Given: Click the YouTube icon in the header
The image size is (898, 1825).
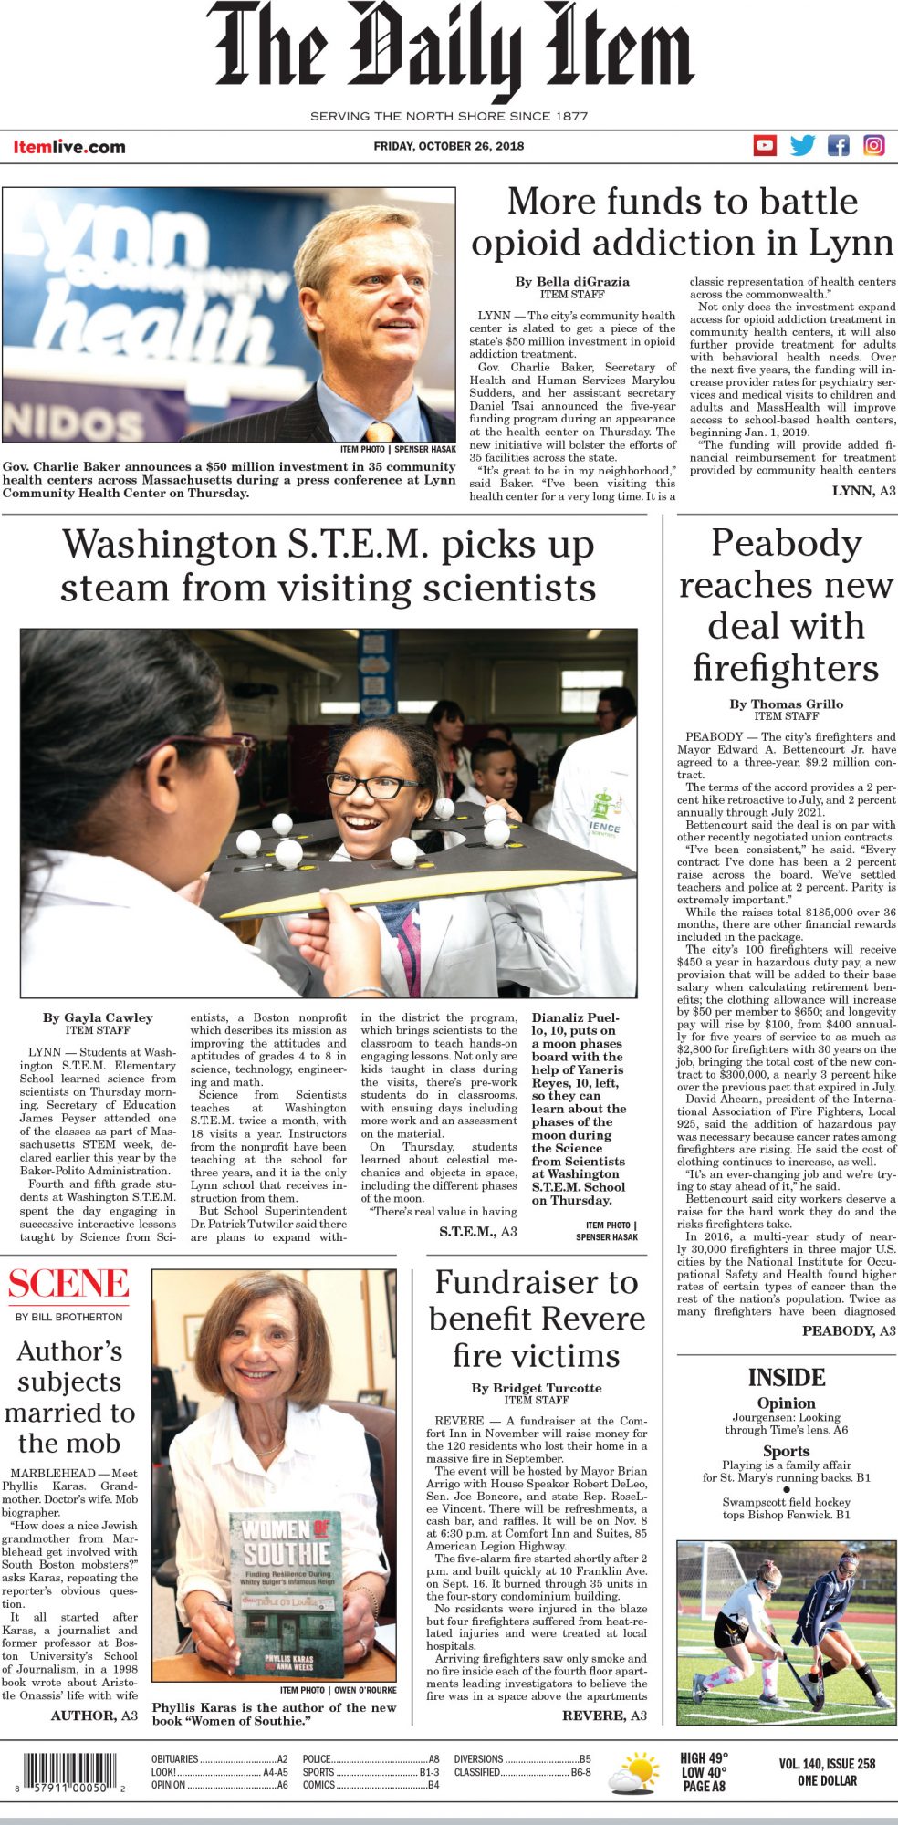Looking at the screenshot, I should click(x=765, y=145).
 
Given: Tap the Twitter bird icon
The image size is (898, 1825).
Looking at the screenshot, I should click(x=802, y=145).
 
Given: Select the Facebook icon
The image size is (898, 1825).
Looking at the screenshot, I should click(x=838, y=145).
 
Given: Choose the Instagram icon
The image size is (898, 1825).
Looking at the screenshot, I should click(x=873, y=145).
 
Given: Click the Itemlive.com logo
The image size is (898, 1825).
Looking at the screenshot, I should click(x=69, y=147).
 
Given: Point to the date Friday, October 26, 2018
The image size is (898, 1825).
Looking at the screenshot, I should click(x=448, y=146).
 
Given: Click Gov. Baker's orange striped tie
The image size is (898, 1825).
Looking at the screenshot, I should click(x=380, y=431).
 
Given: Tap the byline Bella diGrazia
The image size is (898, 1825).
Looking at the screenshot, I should click(x=572, y=281).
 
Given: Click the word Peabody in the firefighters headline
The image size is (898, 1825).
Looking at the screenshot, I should click(x=786, y=544).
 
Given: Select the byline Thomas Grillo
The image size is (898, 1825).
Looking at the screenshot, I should click(x=786, y=704).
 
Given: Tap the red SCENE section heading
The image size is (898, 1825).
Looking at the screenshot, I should click(x=68, y=1284).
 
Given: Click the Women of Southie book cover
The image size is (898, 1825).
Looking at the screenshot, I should click(x=286, y=1593).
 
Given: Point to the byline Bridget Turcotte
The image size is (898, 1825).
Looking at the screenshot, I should click(x=537, y=1387).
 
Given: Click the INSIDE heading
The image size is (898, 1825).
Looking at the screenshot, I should click(x=786, y=1377).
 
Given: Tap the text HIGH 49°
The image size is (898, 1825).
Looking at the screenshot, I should click(x=704, y=1757).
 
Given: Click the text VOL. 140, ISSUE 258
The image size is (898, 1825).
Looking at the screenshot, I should click(x=827, y=1764).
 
